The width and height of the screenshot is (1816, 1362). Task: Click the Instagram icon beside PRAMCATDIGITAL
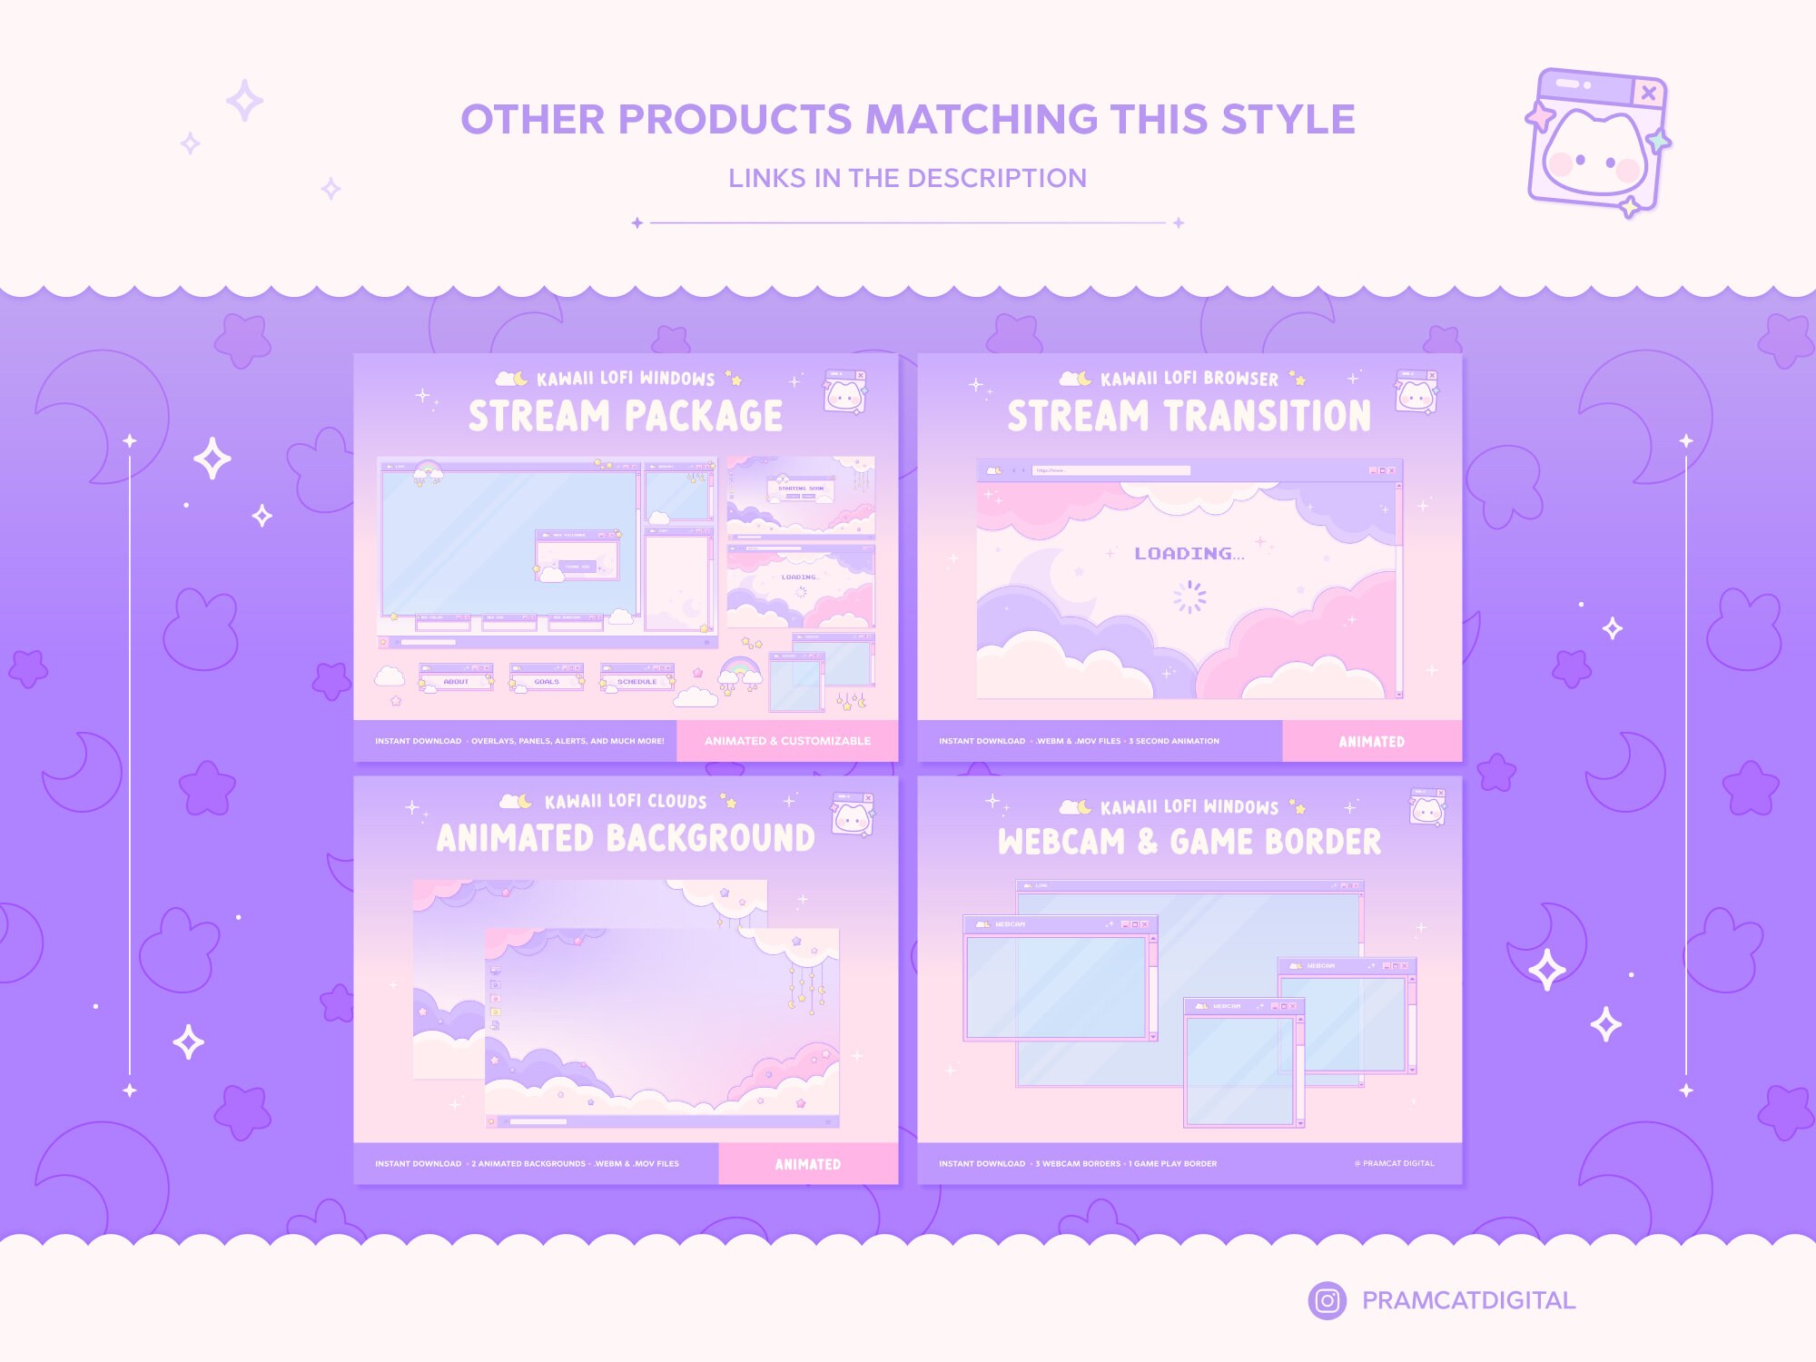(x=1327, y=1300)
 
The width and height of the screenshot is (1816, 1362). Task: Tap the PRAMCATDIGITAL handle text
(x=1468, y=1300)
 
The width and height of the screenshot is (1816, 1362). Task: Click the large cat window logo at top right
(x=1599, y=141)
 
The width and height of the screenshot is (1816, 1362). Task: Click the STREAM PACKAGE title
(x=626, y=416)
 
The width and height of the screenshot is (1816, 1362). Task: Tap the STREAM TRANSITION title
(x=1189, y=416)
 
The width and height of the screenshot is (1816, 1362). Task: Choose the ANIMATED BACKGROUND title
(x=626, y=838)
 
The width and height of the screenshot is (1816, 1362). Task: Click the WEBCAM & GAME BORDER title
(x=1189, y=842)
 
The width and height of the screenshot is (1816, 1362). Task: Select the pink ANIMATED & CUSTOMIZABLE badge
(x=787, y=741)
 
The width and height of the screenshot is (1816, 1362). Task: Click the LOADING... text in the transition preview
(x=1189, y=554)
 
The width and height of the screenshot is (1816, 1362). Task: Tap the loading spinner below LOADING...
(x=1189, y=597)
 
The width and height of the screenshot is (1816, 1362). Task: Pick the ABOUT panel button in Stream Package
(x=456, y=681)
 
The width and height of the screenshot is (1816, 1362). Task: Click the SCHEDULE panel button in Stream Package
(x=637, y=681)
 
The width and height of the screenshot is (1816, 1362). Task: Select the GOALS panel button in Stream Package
(x=547, y=681)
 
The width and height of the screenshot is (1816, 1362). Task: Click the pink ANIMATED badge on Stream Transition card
(x=1371, y=742)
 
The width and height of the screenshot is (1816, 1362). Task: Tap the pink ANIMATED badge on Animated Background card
(x=807, y=1164)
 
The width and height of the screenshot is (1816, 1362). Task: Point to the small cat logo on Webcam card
(x=1426, y=807)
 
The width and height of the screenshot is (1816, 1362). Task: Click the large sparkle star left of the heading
(x=244, y=101)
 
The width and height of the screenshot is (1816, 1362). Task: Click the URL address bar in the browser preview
(x=1110, y=470)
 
